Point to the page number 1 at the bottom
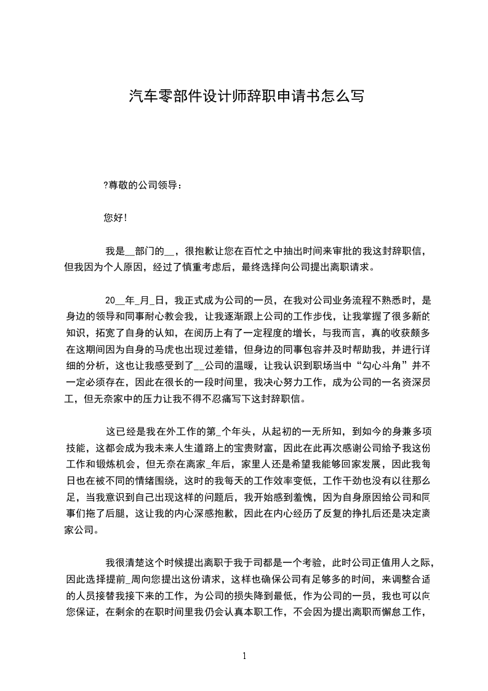tap(244, 656)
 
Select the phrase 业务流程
tap(337, 301)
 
